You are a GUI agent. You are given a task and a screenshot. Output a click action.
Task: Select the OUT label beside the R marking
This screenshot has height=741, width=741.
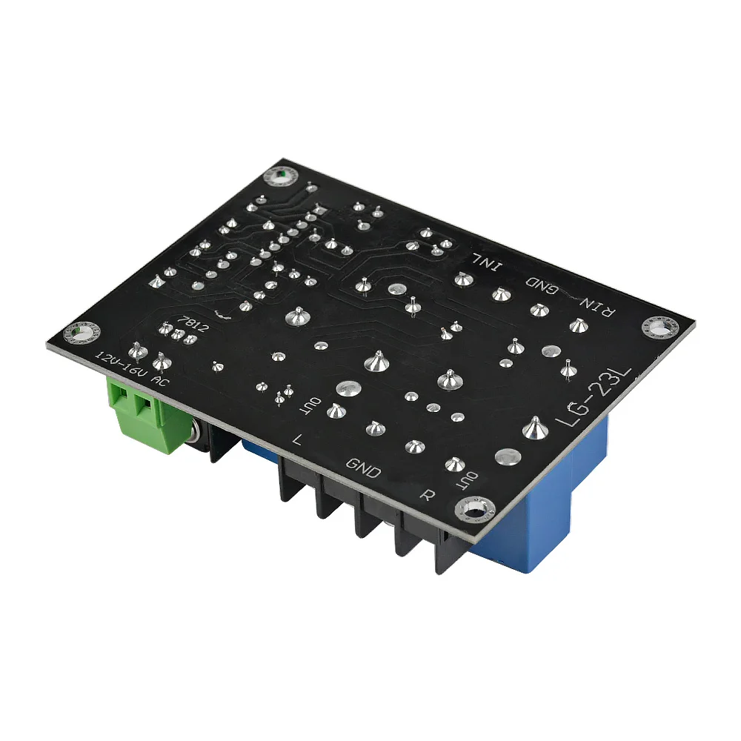[x=473, y=478]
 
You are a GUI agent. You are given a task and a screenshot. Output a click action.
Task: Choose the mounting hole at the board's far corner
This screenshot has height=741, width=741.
[x=281, y=176]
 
